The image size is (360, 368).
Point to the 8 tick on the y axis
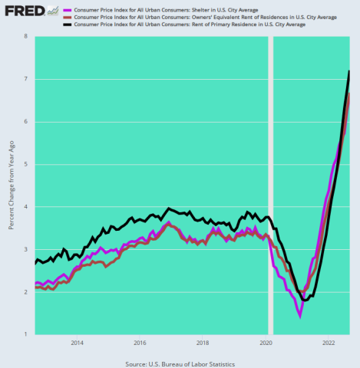[x=26, y=37]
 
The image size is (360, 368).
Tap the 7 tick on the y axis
[x=26, y=79]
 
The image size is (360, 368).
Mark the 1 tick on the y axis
[x=26, y=334]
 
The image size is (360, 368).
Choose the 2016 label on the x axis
[x=140, y=343]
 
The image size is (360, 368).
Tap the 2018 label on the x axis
[x=203, y=343]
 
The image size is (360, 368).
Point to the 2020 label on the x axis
[x=266, y=343]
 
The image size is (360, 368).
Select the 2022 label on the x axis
[x=328, y=343]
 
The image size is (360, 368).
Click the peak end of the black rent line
[x=349, y=71]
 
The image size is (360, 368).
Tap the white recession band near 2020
[x=269, y=184]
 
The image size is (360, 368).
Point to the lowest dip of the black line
[x=305, y=300]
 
